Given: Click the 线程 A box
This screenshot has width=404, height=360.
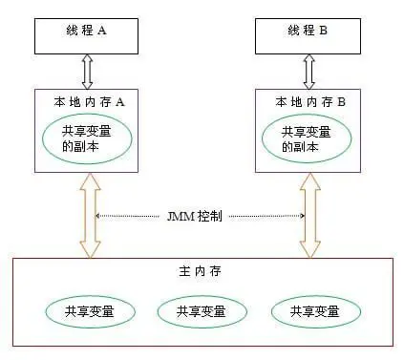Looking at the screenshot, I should coord(87,33).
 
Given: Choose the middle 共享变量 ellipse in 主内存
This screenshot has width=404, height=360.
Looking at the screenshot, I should coord(201,311).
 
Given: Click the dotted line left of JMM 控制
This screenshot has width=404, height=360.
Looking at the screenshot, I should coord(129,216).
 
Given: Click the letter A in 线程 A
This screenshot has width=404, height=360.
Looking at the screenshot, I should coord(102,30).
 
